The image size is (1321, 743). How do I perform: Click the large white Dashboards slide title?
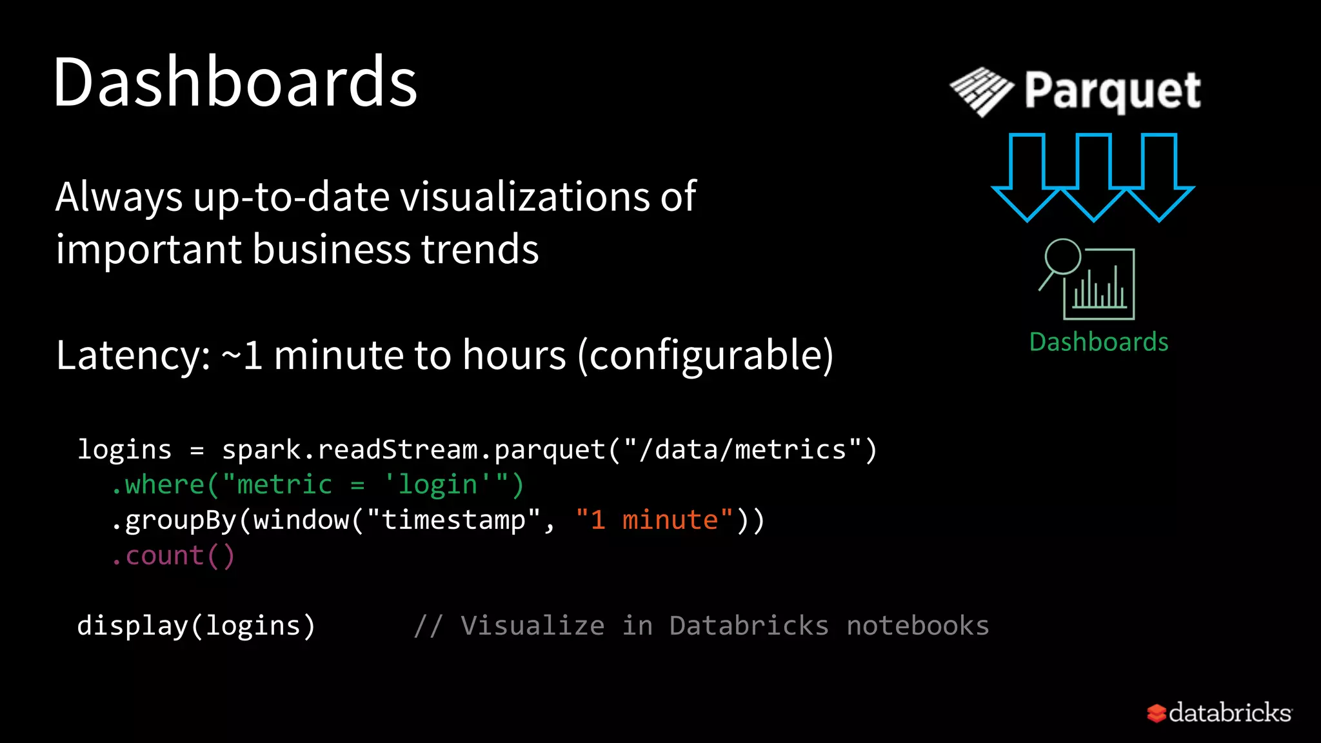pyautogui.click(x=235, y=83)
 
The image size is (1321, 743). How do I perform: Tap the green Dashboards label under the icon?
pyautogui.click(x=1098, y=342)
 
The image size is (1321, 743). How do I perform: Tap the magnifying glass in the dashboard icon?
pyautogui.click(x=1061, y=258)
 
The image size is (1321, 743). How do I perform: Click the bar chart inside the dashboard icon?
pyautogui.click(x=1100, y=290)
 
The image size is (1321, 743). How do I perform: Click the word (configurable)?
pyautogui.click(x=706, y=355)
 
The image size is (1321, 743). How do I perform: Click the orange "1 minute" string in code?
pyautogui.click(x=655, y=520)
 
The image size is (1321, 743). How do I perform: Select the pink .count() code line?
pyautogui.click(x=173, y=555)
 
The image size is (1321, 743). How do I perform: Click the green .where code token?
pyautogui.click(x=158, y=484)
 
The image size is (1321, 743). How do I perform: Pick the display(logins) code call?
pyautogui.click(x=196, y=626)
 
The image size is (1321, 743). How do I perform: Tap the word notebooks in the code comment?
pyautogui.click(x=918, y=626)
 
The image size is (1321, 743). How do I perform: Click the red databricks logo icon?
pyautogui.click(x=1156, y=713)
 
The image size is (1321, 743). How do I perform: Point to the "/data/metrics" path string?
pyautogui.click(x=742, y=450)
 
